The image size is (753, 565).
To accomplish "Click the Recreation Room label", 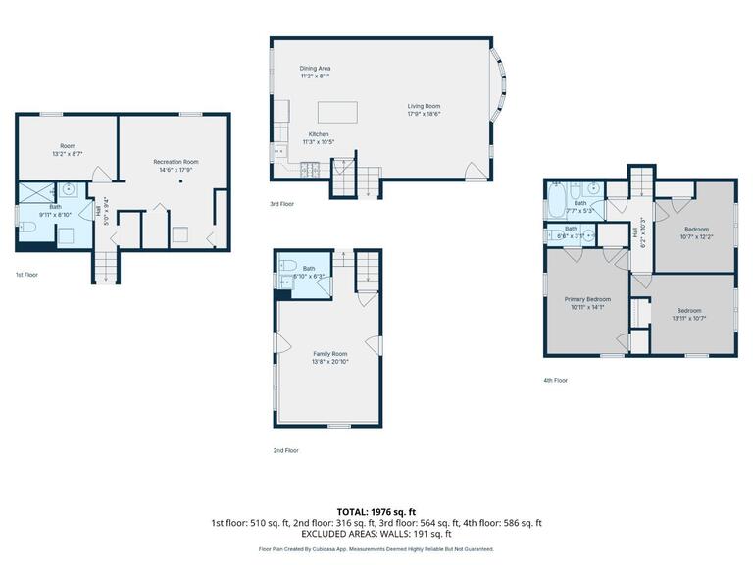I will point(176,161).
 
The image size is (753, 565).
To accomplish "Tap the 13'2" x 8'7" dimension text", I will point(68,154).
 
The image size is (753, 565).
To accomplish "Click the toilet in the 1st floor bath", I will point(27,229).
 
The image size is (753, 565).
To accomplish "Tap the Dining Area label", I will point(315,68).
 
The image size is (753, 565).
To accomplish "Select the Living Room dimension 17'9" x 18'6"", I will point(425,114).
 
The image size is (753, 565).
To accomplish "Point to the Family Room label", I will point(330,353).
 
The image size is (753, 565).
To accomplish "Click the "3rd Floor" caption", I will point(281,204).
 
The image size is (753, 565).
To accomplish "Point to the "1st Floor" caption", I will point(26,275).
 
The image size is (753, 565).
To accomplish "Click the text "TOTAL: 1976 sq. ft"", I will point(376,511).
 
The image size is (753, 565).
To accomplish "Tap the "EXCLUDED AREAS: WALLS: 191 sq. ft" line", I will point(376,534).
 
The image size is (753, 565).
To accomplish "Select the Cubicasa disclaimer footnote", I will point(376,549).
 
